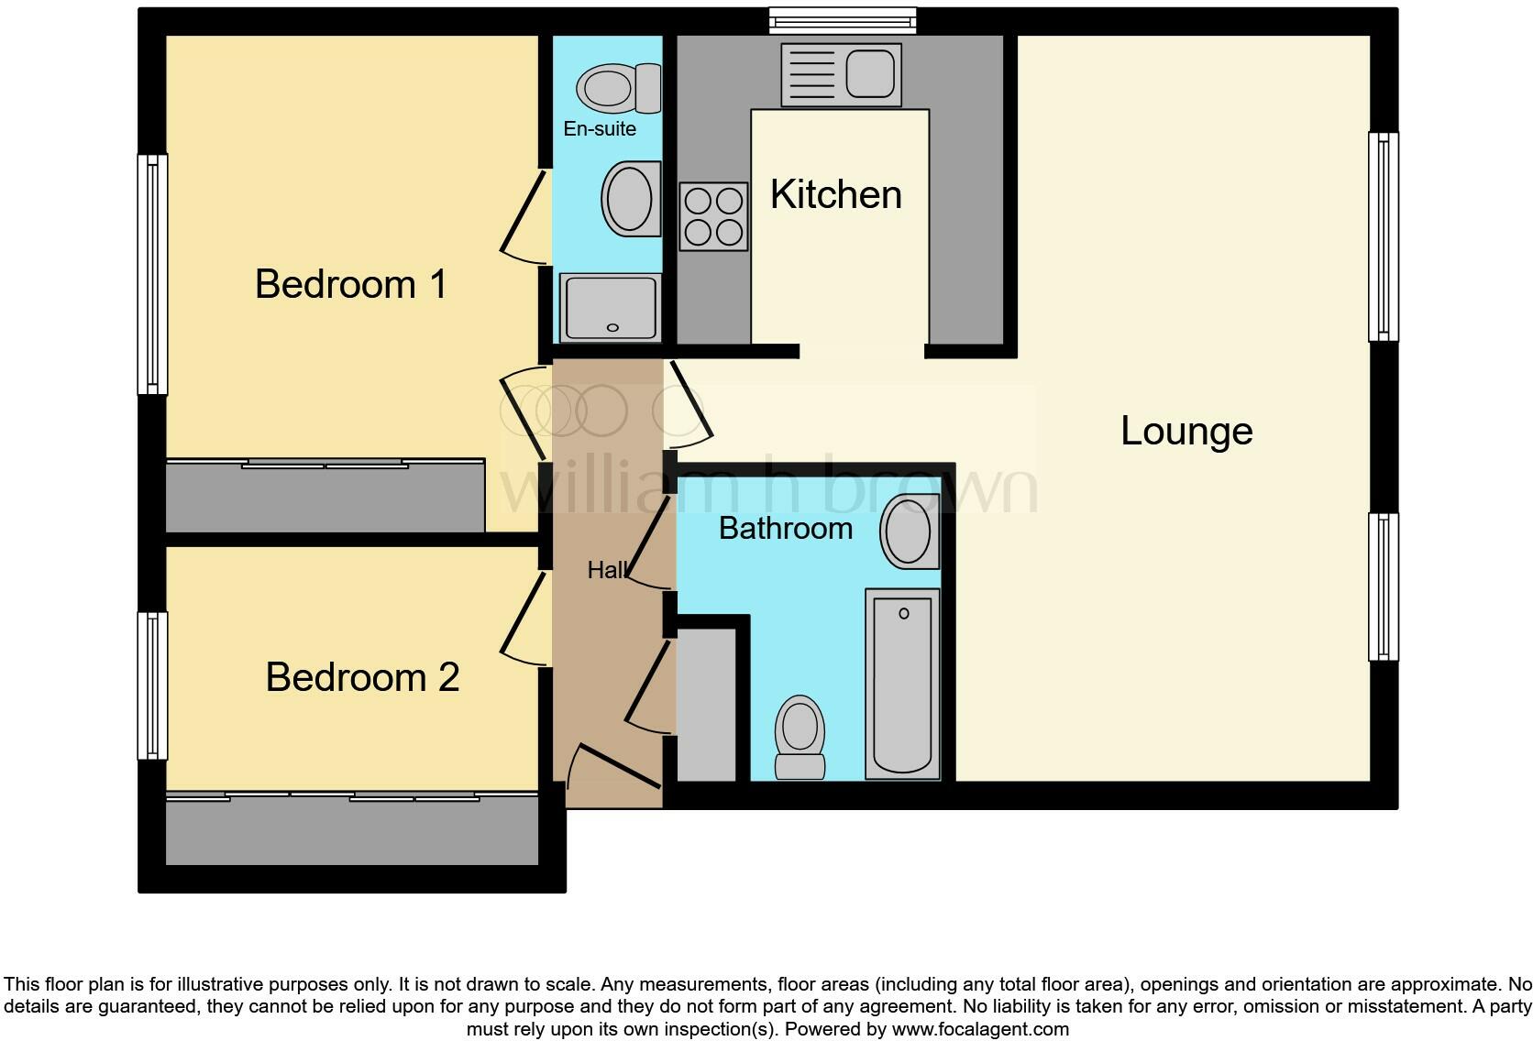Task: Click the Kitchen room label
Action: pyautogui.click(x=835, y=195)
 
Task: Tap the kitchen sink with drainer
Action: pyautogui.click(x=839, y=73)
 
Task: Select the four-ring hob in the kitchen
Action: pyautogui.click(x=713, y=216)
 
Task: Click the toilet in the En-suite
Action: pyautogui.click(x=618, y=88)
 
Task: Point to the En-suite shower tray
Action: pyautogui.click(x=611, y=307)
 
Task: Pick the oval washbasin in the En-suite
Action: pyautogui.click(x=631, y=199)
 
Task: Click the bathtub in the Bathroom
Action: pyautogui.click(x=903, y=684)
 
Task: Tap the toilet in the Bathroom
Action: pyautogui.click(x=800, y=737)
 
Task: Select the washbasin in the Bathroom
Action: pyautogui.click(x=910, y=531)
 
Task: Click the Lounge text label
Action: pyautogui.click(x=1186, y=432)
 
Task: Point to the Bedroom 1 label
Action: pyautogui.click(x=351, y=284)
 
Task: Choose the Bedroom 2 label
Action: pyautogui.click(x=362, y=678)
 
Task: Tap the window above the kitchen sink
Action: pyautogui.click(x=842, y=20)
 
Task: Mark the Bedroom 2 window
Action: pyautogui.click(x=152, y=685)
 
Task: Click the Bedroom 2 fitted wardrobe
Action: pyautogui.click(x=351, y=829)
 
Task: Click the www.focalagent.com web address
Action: pyautogui.click(x=979, y=1029)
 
